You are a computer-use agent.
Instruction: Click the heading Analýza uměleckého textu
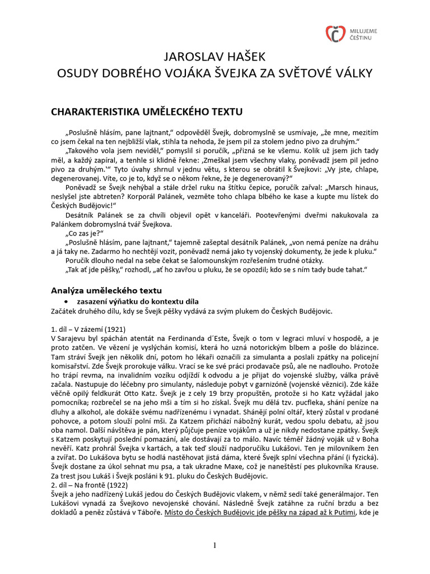pos(115,290)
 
